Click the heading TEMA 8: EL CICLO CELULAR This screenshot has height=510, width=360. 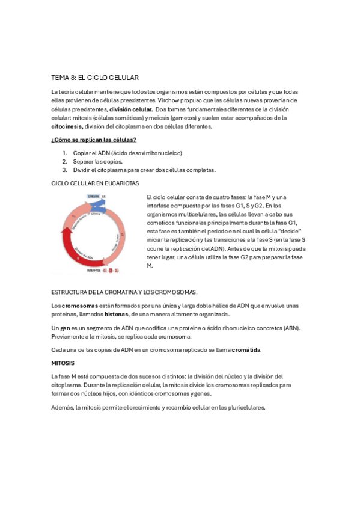point(96,78)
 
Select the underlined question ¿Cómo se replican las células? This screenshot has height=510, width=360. point(93,140)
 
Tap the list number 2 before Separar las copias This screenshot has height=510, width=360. point(64,161)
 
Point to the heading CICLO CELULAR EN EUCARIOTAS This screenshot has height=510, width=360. point(95,182)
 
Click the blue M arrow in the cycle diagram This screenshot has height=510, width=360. point(96,207)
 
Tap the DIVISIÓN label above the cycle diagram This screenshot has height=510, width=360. point(93,197)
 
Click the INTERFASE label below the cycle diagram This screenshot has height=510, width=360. point(94,271)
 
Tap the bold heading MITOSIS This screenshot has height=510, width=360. point(63,363)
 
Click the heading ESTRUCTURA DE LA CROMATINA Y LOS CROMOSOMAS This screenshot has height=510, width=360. point(124,292)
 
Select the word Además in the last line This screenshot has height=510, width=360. point(62,407)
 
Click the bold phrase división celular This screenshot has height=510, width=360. point(130,109)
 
